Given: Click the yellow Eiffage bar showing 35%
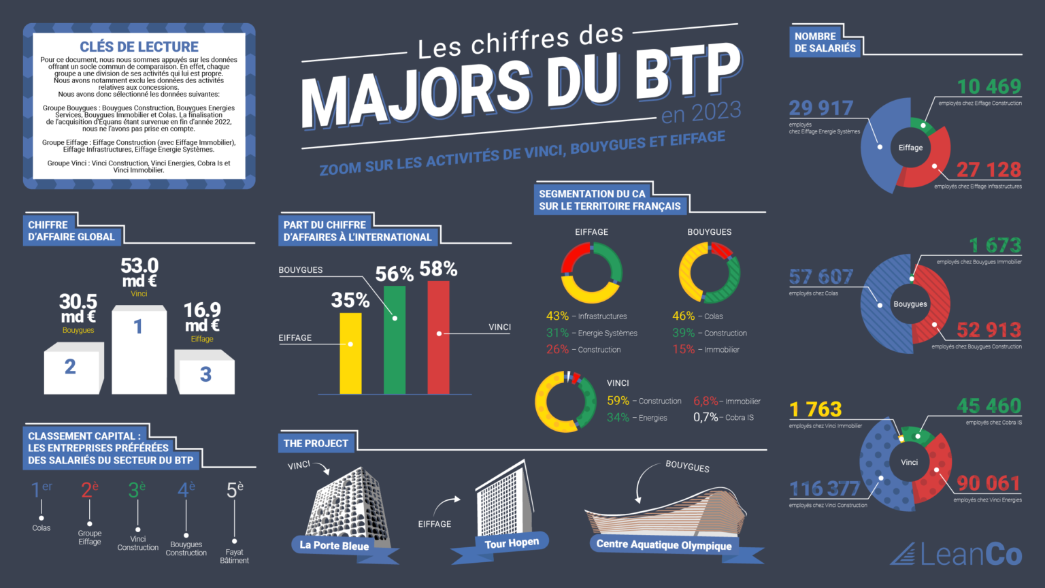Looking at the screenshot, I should pos(350,353).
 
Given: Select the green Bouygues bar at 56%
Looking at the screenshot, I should pos(395,340).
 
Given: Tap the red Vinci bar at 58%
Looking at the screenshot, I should pos(438,338).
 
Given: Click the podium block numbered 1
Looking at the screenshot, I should pos(139,350).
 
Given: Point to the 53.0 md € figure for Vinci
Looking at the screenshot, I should pos(139,272).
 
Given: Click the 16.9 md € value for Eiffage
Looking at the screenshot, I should pos(202,317).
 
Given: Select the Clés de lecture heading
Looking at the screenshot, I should pos(139,46).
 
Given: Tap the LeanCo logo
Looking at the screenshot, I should pos(956,555).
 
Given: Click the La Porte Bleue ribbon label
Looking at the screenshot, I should pos(334,545).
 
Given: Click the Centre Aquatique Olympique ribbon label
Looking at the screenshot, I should pos(664,544).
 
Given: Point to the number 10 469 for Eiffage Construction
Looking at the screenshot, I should pos(989,87).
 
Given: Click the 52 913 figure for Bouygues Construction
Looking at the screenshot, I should pos(989,330).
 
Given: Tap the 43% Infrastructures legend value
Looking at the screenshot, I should pos(557,316).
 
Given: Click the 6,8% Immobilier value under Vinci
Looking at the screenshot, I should pos(706,401).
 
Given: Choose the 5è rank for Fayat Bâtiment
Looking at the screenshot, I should pos(235,489).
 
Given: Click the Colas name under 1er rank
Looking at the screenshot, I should pos(42,527).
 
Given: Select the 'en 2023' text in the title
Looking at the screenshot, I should pos(701,112).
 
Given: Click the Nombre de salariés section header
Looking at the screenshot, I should pos(825,42).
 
